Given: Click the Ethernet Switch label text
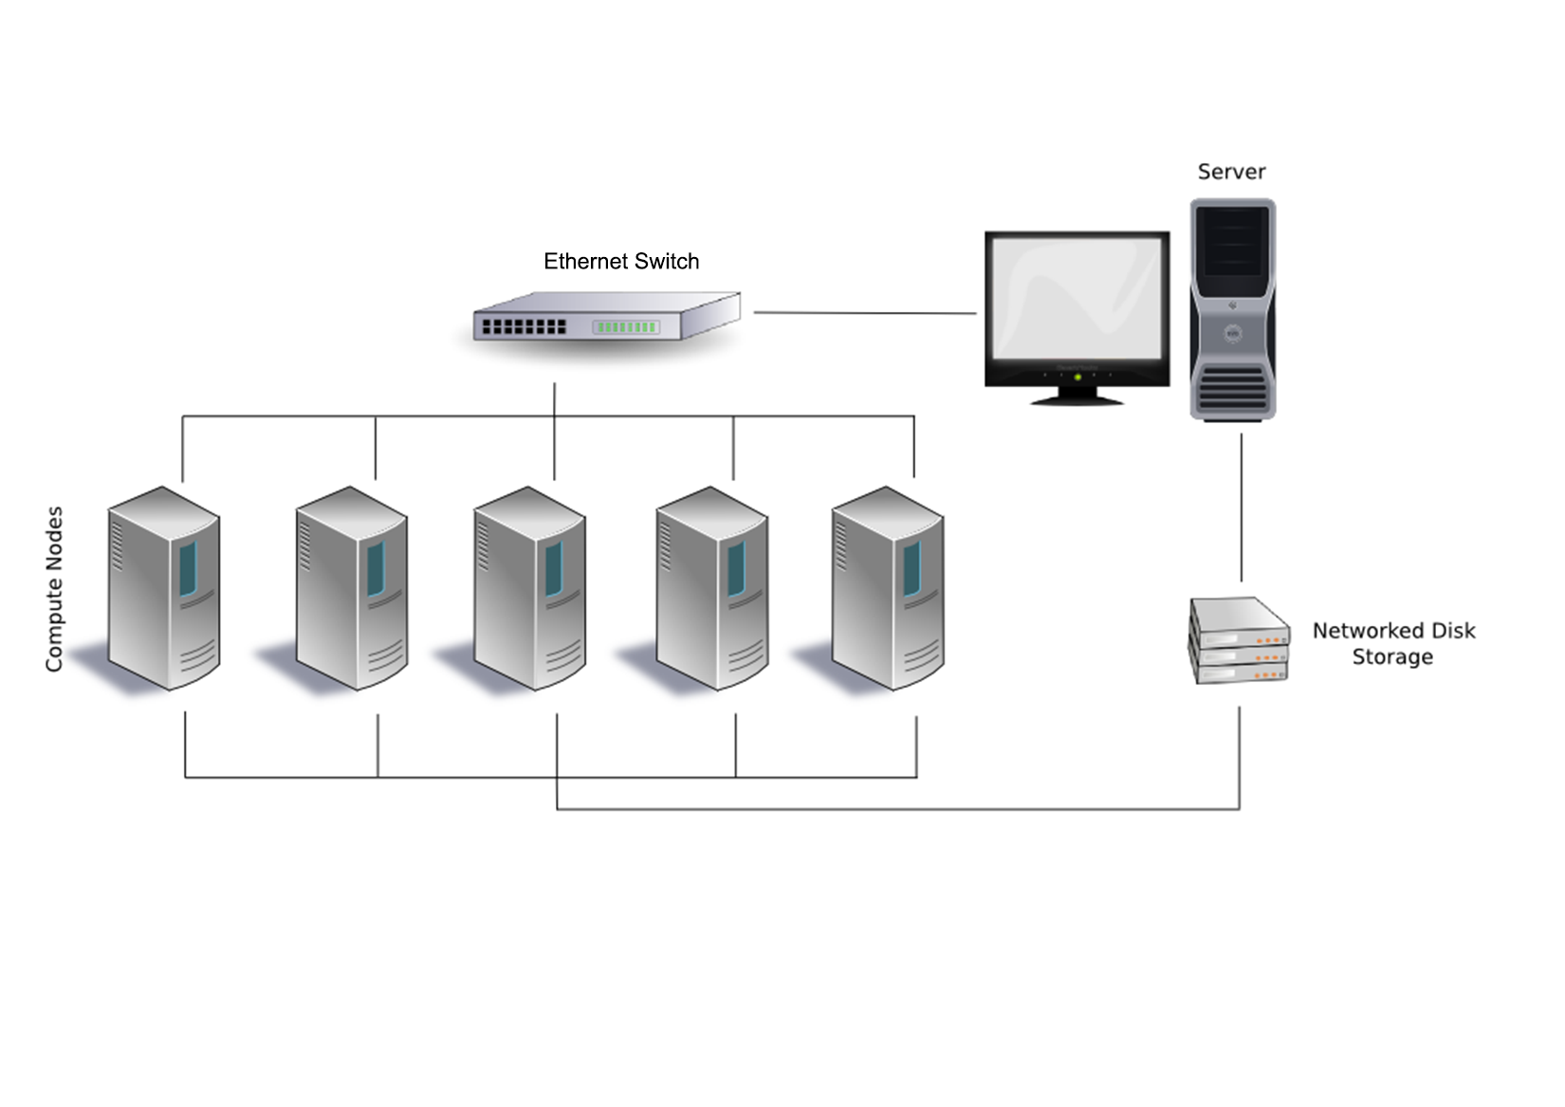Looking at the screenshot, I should click(x=621, y=262).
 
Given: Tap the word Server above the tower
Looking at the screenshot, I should click(x=1231, y=172).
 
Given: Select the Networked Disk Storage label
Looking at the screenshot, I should click(x=1393, y=644).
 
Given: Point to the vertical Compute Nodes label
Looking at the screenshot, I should click(x=55, y=589).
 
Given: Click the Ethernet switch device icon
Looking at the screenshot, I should click(x=607, y=318).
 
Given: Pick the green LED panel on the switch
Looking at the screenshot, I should click(x=626, y=327).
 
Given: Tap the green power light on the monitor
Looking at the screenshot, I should click(x=1077, y=378).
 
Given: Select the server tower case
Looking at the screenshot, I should click(x=1232, y=308).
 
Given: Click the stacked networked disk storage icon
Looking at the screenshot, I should click(x=1240, y=640).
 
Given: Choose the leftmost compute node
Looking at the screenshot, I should click(x=164, y=588).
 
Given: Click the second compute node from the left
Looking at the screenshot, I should click(x=352, y=588).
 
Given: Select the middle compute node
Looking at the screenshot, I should click(x=529, y=588).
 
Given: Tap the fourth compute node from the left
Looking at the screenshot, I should click(x=712, y=588).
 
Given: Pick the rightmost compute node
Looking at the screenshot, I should click(x=888, y=588).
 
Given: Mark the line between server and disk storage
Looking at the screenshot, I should click(x=1242, y=507).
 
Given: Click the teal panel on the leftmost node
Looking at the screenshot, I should click(x=188, y=568).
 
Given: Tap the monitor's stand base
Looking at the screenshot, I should click(x=1077, y=398).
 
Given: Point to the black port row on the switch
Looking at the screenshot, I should click(x=524, y=326).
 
